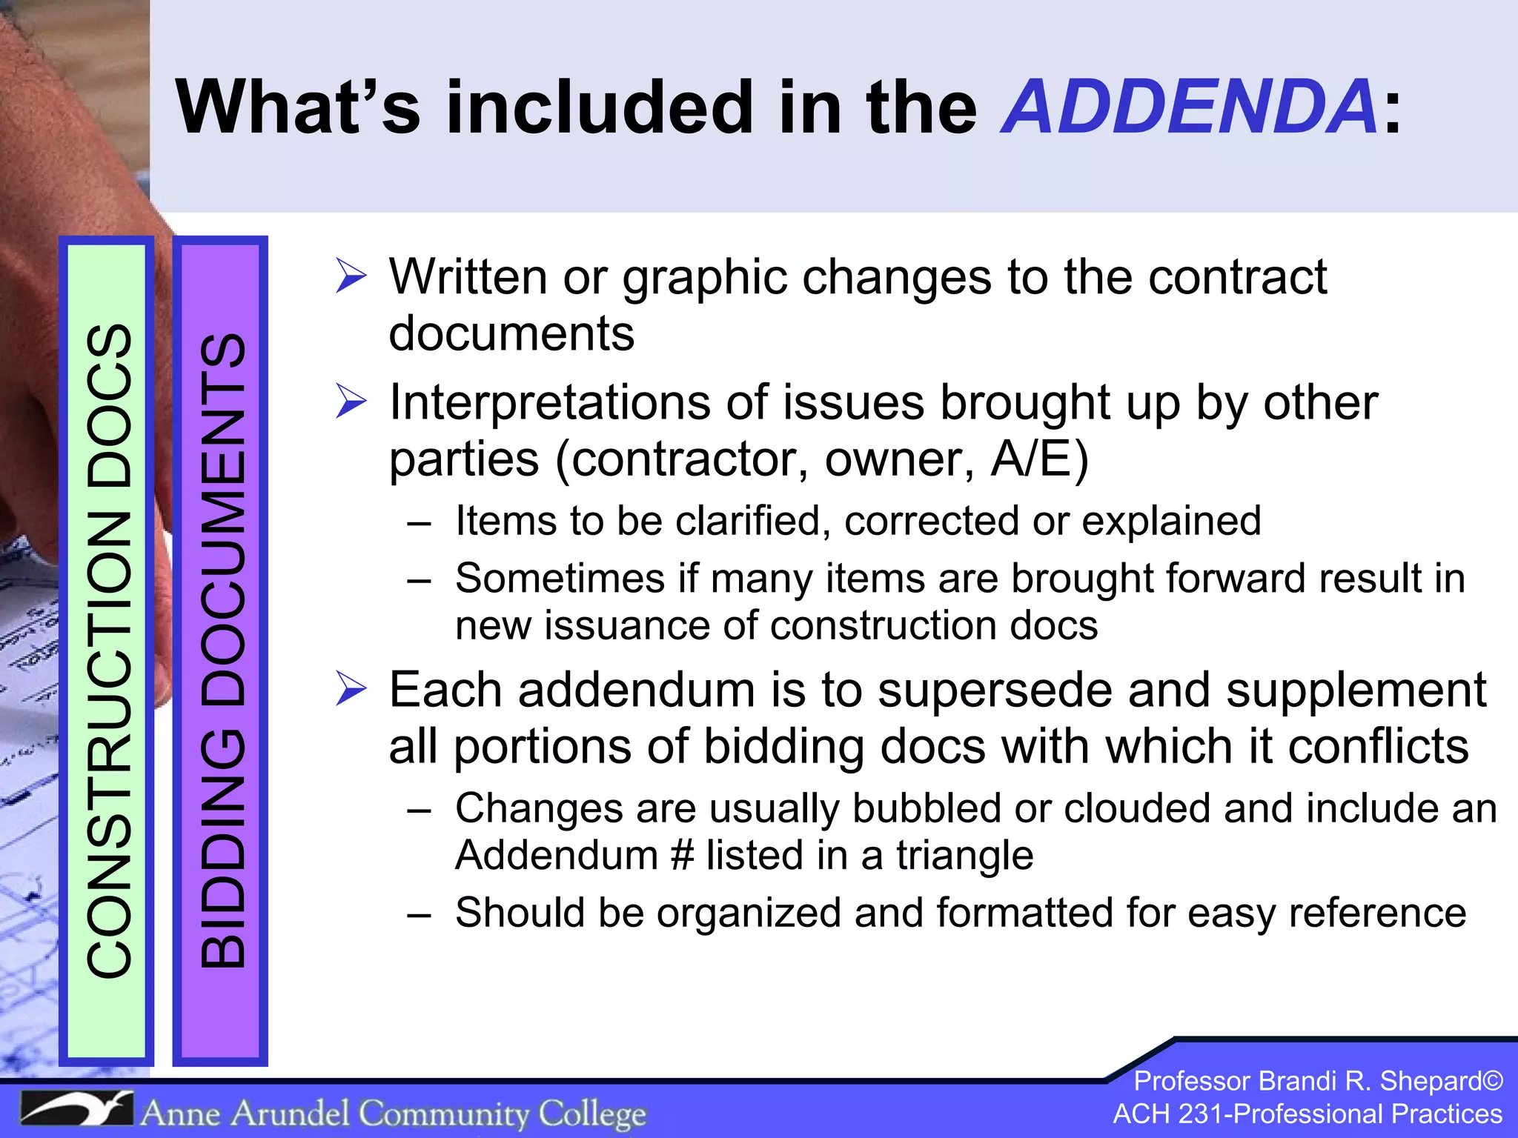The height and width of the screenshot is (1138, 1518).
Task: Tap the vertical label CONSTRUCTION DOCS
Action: tap(110, 650)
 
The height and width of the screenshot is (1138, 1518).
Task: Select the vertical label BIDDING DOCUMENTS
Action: tap(222, 650)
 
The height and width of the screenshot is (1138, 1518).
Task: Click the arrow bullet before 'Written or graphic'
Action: tap(351, 276)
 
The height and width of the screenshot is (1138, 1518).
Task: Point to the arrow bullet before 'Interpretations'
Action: tap(351, 402)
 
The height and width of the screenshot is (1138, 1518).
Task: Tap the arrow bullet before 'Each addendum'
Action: tap(351, 688)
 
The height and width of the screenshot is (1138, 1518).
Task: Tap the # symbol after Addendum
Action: tap(681, 856)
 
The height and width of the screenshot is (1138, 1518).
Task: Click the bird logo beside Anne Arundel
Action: tap(76, 1110)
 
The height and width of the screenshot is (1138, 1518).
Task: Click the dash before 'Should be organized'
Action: tap(419, 914)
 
